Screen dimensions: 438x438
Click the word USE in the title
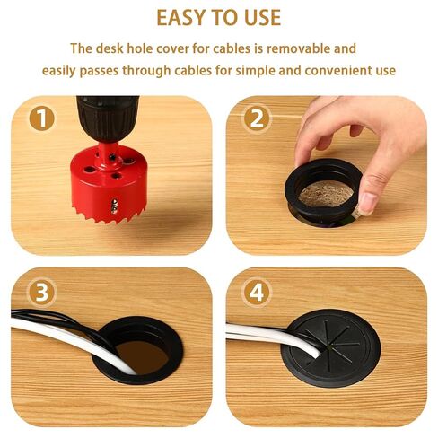point(259,18)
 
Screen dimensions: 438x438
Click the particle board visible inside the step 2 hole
point(324,192)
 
